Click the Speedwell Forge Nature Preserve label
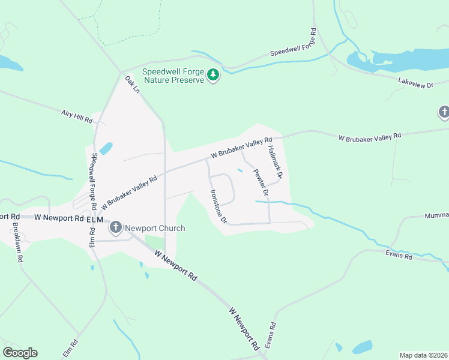point(173,76)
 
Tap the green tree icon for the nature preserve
point(213,75)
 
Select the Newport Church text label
point(154,228)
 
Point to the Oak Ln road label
point(132,85)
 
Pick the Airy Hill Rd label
point(77,116)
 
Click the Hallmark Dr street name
point(275,163)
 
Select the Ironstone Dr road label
point(217,206)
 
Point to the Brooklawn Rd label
point(18,243)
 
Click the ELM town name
point(95,220)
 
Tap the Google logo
point(20,353)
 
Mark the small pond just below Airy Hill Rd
point(106,148)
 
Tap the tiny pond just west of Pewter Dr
point(240,171)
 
